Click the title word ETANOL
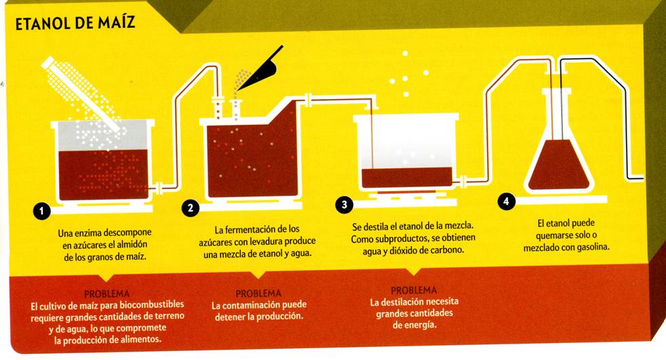43,24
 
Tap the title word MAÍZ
117,22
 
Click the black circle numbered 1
41,211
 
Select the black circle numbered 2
191,208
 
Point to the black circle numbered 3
344,205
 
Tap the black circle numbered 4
506,201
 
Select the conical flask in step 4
559,140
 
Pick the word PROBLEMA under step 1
106,294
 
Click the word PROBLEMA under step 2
258,294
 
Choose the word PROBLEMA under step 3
414,290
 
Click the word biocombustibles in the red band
152,305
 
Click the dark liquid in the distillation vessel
407,177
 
